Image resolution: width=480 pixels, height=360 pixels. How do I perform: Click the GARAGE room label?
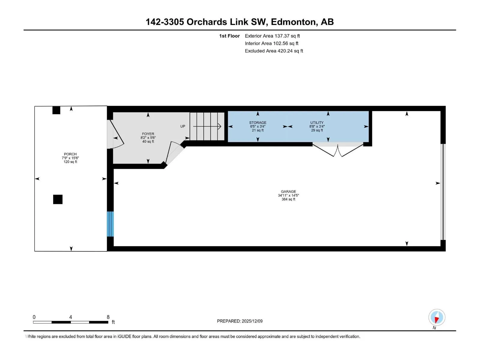pyautogui.click(x=288, y=191)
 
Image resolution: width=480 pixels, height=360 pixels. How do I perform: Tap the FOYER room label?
pyautogui.click(x=148, y=134)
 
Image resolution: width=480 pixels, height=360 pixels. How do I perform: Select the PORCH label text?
pyautogui.click(x=70, y=154)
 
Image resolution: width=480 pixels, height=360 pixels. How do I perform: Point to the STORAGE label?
pyautogui.click(x=258, y=123)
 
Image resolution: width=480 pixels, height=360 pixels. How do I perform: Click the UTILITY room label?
pyautogui.click(x=317, y=123)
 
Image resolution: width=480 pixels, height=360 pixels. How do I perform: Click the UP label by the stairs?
pyautogui.click(x=183, y=126)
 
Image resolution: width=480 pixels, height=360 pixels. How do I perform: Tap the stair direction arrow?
pyautogui.click(x=207, y=126)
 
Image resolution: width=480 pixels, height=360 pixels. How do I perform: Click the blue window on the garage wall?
pyautogui.click(x=110, y=224)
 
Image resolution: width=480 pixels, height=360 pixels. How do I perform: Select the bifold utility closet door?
pyautogui.click(x=337, y=150)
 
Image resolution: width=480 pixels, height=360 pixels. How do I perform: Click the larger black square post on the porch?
pyautogui.click(x=58, y=199)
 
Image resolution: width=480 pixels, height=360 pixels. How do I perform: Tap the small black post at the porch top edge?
pyautogui.click(x=56, y=110)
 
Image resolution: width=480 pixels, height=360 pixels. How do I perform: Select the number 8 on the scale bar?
pyautogui.click(x=108, y=317)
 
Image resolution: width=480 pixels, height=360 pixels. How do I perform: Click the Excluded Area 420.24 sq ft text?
pyautogui.click(x=274, y=51)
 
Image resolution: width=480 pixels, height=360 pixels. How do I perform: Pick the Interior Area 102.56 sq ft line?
pyautogui.click(x=271, y=43)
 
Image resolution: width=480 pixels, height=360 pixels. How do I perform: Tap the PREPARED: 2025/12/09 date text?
pyautogui.click(x=240, y=321)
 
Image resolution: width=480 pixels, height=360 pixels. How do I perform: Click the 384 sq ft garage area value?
pyautogui.click(x=288, y=199)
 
